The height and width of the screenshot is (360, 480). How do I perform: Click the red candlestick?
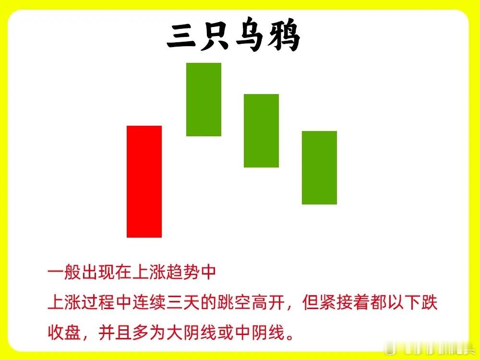[144, 181]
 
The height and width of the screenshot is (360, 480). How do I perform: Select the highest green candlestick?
[204, 99]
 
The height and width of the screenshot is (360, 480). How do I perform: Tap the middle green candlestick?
[261, 131]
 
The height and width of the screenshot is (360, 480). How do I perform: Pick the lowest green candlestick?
[319, 168]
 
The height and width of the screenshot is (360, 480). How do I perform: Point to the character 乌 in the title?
[250, 35]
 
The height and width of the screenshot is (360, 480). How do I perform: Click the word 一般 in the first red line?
[64, 272]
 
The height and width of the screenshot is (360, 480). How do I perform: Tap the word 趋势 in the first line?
[183, 272]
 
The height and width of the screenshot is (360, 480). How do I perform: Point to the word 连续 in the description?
[149, 302]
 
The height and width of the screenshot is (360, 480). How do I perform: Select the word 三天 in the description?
[183, 302]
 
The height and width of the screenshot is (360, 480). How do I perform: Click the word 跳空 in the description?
[234, 302]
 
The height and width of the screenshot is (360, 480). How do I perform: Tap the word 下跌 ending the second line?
[421, 302]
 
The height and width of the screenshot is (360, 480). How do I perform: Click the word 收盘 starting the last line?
[64, 333]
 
